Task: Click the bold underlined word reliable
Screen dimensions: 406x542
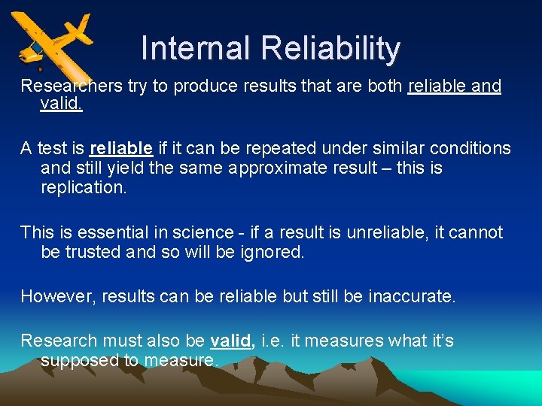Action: coord(121,148)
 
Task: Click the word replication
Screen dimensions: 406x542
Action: coord(84,187)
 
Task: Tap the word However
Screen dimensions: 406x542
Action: coord(54,296)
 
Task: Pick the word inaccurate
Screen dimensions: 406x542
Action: coord(412,296)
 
